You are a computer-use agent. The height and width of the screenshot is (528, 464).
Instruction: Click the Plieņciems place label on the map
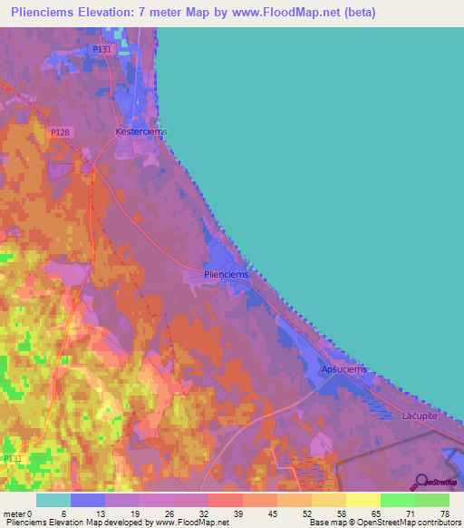click(226, 274)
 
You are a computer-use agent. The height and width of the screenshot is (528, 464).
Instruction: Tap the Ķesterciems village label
click(141, 132)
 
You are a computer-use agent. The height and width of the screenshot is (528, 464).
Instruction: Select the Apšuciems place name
click(343, 369)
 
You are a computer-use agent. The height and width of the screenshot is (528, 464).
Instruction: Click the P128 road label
click(61, 132)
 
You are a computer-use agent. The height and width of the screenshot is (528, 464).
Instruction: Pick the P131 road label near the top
click(101, 50)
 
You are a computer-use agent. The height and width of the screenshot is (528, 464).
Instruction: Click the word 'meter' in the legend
click(14, 513)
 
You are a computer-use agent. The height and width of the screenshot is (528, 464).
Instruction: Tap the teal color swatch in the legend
click(53, 500)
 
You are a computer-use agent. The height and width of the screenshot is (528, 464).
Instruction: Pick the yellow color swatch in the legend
click(362, 500)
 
